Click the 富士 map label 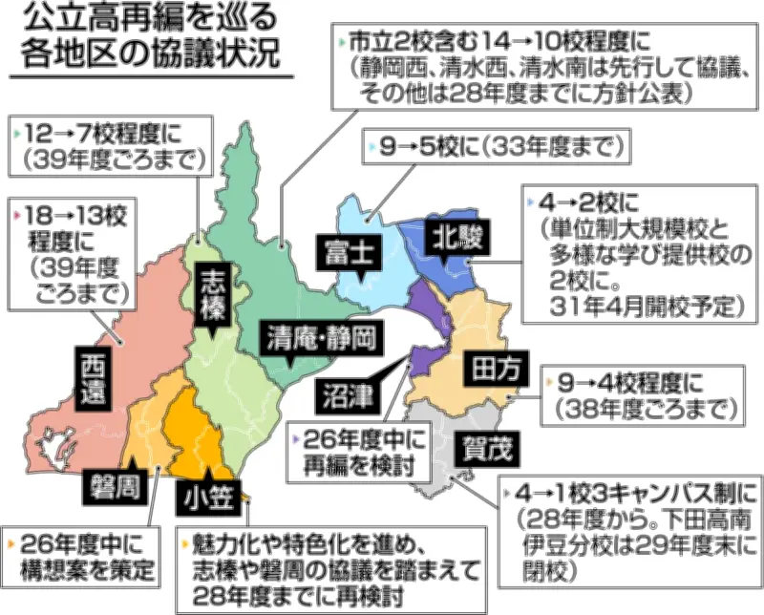pos(347,252)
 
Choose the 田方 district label pos(490,368)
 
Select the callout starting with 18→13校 pos(68,251)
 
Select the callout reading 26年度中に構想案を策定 pos(82,557)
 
